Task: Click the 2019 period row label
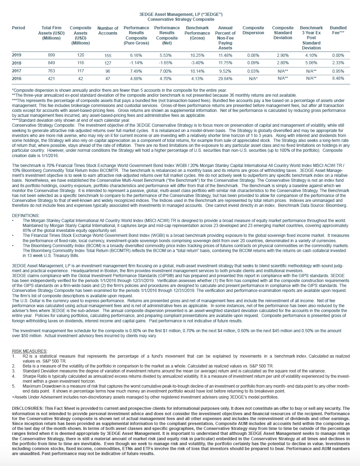click(17, 55)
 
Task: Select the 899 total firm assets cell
click(52, 55)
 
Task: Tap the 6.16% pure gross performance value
click(136, 55)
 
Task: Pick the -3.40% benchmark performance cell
click(197, 63)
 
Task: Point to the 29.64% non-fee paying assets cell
click(225, 79)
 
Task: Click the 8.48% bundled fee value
click(338, 78)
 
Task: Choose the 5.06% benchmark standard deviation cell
click(311, 63)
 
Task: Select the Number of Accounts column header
click(108, 31)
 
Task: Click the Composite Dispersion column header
click(253, 30)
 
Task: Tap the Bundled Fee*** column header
click(338, 30)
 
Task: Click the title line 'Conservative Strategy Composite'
click(181, 19)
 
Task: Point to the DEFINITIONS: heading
click(26, 215)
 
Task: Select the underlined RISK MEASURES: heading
click(29, 351)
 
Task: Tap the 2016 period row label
click(17, 79)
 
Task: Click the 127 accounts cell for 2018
click(108, 63)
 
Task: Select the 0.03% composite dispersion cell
click(253, 71)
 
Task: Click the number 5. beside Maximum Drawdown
click(14, 386)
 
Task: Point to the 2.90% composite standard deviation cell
click(283, 55)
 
